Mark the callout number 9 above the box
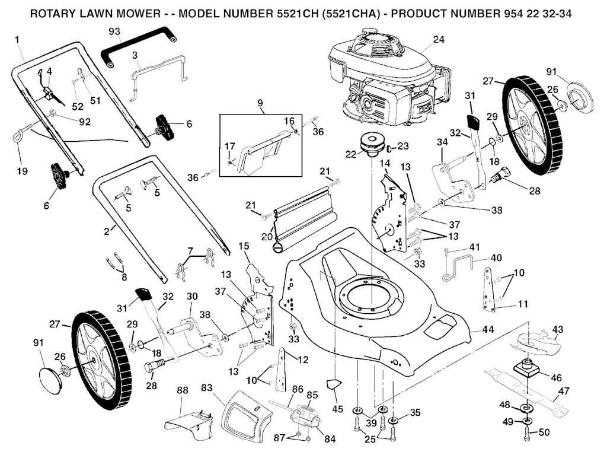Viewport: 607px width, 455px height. tap(260, 103)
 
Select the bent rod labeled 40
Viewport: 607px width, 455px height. tap(462, 261)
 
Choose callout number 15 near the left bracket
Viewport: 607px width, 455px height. tap(244, 246)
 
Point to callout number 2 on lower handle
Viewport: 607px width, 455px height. tap(107, 231)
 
